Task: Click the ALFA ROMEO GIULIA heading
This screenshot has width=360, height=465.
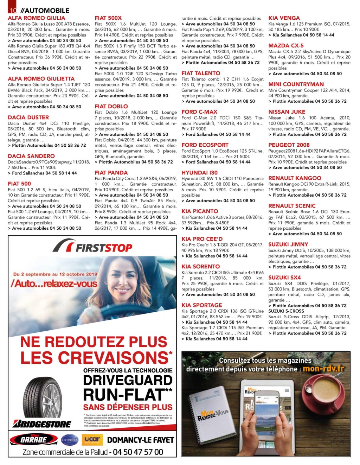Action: pos(37,18)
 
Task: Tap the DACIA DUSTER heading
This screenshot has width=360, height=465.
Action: pos(28,117)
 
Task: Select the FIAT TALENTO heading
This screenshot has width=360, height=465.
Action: pos(201,73)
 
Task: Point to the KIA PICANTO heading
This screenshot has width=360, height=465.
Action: pos(200,211)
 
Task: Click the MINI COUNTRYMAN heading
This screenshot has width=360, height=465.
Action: pos(296,84)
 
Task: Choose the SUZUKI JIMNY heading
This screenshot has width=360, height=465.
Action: pos(288,244)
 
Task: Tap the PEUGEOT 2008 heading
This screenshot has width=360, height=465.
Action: pos(289,145)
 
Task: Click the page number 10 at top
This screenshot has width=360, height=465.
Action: pos(13,10)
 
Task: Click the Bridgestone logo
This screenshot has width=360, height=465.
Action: pos(42,424)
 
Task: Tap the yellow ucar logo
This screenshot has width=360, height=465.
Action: pos(92,439)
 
